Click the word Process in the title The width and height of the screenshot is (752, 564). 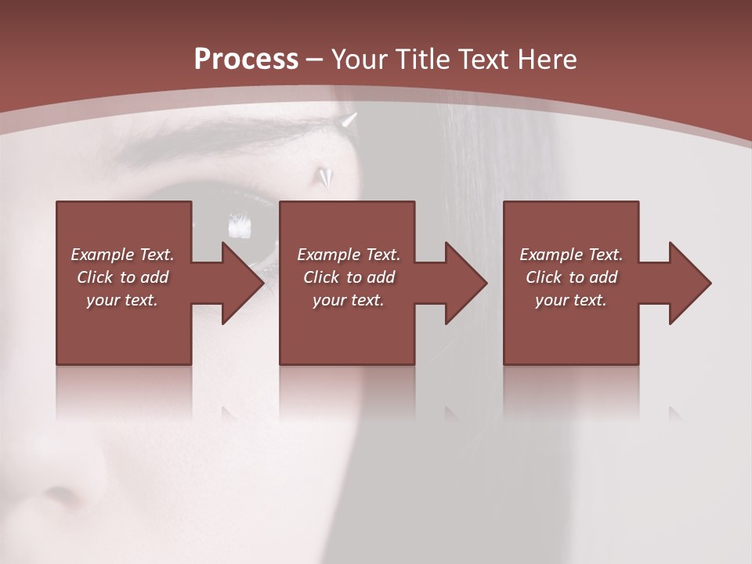(x=246, y=60)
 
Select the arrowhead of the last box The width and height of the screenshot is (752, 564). (x=689, y=283)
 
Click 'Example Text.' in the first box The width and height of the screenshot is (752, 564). (x=122, y=255)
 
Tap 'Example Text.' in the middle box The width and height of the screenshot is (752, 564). (x=349, y=255)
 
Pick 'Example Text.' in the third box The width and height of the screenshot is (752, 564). (x=571, y=255)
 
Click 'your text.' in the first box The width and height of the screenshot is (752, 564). (x=122, y=300)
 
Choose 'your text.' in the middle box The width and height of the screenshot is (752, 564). (x=349, y=300)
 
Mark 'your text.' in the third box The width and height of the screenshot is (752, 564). (x=571, y=300)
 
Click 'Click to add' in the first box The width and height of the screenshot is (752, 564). (x=122, y=277)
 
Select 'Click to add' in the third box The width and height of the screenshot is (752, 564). (x=571, y=277)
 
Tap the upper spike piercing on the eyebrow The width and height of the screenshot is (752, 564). (x=349, y=120)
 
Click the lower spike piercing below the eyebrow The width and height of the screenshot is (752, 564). (x=323, y=177)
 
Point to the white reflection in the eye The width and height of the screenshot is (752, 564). (x=239, y=227)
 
